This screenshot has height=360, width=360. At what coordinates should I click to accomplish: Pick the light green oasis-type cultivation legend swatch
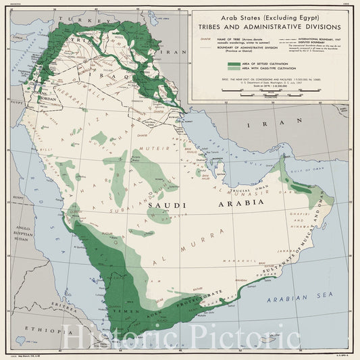234,68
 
